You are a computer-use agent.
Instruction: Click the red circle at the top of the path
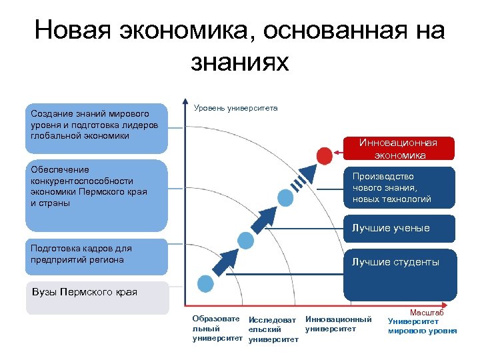(324, 155)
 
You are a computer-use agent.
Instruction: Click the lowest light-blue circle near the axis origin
(206, 283)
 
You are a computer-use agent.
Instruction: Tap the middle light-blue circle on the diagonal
(246, 240)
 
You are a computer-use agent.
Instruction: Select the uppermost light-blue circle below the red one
(285, 197)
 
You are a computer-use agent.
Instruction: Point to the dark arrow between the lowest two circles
(227, 261)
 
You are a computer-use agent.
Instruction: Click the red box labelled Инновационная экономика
(398, 149)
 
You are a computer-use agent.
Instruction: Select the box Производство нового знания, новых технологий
(398, 188)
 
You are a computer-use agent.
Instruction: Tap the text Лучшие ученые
(391, 228)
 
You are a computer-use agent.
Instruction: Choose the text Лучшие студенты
(395, 262)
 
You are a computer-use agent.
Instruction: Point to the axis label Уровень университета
(235, 108)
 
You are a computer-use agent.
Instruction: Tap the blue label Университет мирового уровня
(422, 325)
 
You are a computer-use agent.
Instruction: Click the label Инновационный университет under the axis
(338, 324)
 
